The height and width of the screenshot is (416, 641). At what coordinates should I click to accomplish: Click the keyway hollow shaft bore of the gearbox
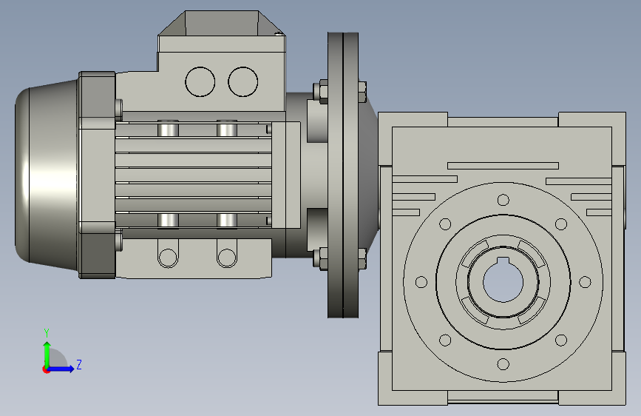(x=503, y=281)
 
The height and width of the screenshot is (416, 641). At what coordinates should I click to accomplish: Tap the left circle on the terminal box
(x=200, y=82)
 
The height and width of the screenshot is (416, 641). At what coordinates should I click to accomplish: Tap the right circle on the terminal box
(x=243, y=82)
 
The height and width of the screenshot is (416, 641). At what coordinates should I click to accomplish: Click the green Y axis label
(x=47, y=333)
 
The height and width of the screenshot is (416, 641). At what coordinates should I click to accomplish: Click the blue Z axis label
(x=79, y=364)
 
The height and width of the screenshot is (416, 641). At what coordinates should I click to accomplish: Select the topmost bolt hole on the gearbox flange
(x=503, y=200)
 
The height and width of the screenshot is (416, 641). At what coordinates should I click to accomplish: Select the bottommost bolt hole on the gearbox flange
(x=503, y=364)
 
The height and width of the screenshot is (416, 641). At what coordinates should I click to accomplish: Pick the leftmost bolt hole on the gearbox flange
(x=421, y=282)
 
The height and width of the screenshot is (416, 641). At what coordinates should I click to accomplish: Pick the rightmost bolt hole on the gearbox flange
(x=585, y=282)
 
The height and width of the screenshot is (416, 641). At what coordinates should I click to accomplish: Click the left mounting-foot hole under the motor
(x=168, y=258)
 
